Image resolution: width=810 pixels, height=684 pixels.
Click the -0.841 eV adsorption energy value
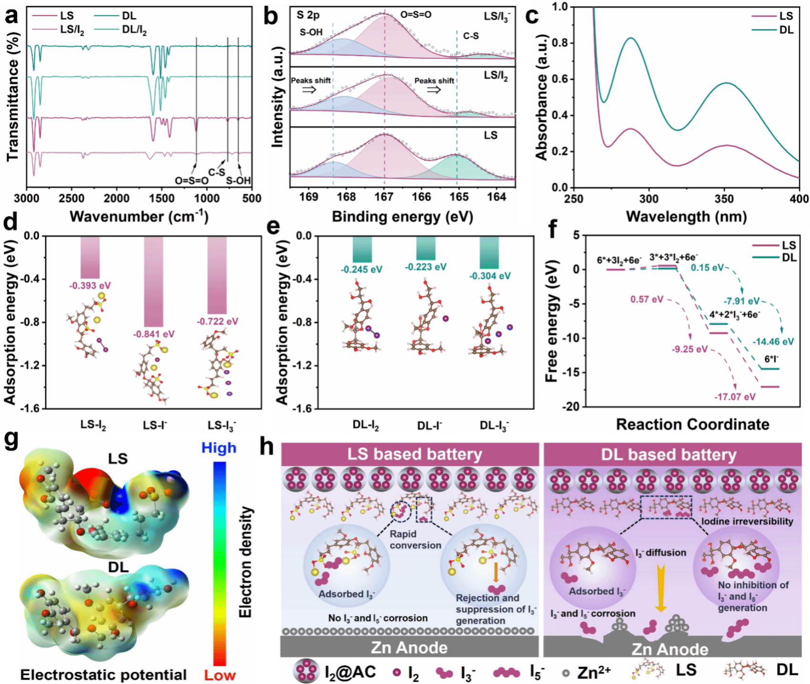point(153,334)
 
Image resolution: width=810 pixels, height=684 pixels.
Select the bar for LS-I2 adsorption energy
point(90,257)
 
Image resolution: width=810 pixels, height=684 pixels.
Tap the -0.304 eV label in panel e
point(490,276)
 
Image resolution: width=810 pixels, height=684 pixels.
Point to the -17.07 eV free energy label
point(735,397)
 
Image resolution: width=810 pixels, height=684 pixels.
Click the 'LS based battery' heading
point(415,454)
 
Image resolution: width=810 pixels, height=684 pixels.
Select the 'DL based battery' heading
point(668,455)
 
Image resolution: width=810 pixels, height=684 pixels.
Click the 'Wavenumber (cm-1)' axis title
point(139,217)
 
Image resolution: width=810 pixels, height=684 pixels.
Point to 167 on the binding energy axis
point(384,197)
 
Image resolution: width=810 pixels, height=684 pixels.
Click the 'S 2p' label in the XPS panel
point(308,15)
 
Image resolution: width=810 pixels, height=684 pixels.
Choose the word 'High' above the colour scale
point(219,448)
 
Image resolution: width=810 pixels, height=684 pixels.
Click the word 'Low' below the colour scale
point(220,675)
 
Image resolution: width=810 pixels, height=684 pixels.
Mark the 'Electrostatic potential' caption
point(103,675)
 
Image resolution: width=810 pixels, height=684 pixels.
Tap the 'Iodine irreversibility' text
point(747,521)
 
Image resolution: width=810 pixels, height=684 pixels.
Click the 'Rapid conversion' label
point(415,540)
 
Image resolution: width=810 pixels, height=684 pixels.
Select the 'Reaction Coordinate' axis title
point(692,424)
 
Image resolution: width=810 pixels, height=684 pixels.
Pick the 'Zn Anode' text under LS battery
point(409,648)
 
